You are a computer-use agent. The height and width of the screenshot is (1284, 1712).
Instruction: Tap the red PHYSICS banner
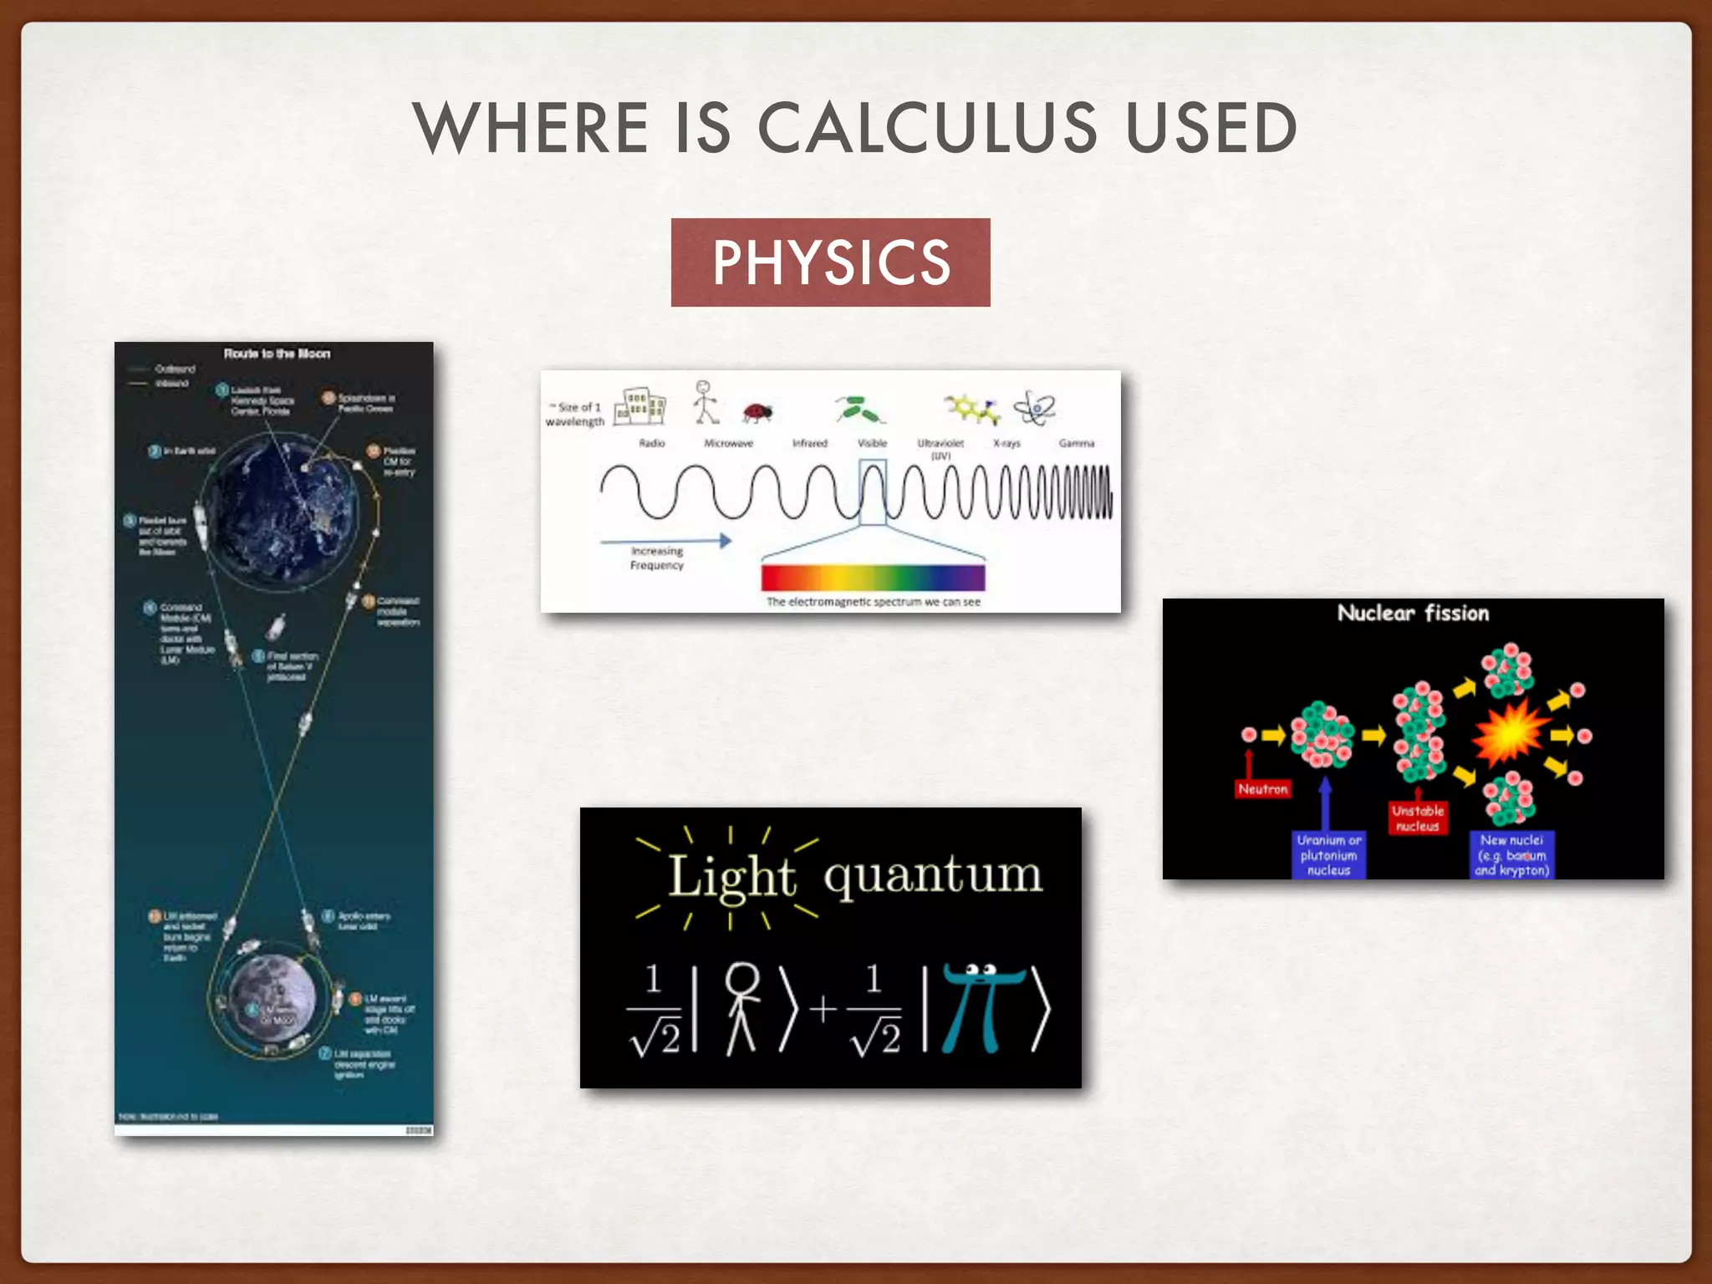[x=830, y=262]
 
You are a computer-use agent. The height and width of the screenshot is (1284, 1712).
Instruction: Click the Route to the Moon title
[x=277, y=354]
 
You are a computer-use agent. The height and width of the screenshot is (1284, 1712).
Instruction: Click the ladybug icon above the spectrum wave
[x=757, y=412]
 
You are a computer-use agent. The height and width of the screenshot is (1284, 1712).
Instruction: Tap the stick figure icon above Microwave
[x=705, y=402]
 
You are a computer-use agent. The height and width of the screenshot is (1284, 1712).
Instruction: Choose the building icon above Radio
[x=639, y=406]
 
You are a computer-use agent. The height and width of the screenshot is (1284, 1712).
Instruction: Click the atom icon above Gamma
[x=1035, y=409]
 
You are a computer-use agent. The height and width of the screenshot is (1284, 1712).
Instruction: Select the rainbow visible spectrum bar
[x=873, y=578]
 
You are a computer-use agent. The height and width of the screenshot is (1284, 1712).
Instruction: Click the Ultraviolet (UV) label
[x=940, y=449]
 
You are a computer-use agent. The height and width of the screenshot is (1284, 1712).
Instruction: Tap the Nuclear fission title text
[x=1413, y=614]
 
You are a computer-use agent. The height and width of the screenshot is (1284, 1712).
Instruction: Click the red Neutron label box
[x=1262, y=789]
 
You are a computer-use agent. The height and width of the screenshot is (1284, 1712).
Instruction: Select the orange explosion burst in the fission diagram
[x=1510, y=733]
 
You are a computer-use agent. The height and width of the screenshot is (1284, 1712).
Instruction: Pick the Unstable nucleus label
[x=1418, y=818]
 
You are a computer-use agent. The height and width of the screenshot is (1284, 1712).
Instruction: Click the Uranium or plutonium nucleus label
[x=1328, y=855]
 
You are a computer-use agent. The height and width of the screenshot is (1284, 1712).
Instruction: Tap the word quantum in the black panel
[x=933, y=876]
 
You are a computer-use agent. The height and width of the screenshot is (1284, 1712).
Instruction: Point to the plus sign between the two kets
[x=823, y=1008]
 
